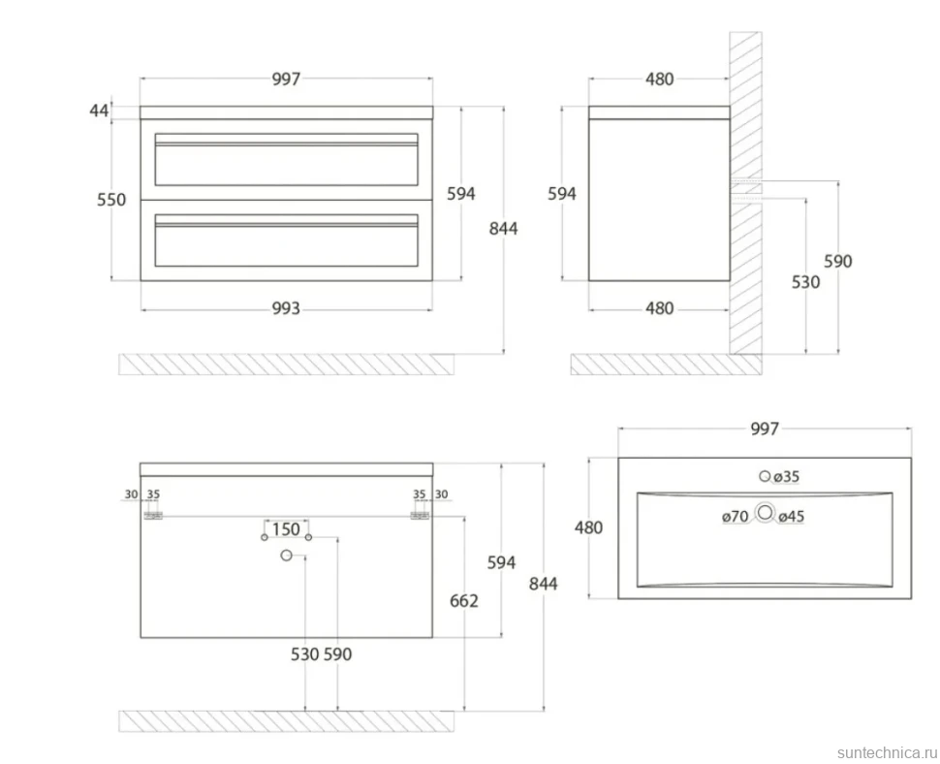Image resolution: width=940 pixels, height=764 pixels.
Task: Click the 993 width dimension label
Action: coord(286,308)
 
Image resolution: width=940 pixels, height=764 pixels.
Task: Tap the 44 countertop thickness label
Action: coord(99,111)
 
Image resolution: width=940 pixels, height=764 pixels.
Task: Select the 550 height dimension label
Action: coord(111,200)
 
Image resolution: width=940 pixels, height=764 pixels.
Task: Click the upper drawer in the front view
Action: coord(287,160)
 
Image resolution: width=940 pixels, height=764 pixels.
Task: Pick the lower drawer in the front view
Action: coord(287,240)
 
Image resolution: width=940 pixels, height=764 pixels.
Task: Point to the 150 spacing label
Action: coord(286,529)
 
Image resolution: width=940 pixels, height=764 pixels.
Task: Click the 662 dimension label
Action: coord(464,601)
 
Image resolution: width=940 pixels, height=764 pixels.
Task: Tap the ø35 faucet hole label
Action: coord(786,477)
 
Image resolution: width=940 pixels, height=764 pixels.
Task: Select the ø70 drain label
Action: coord(735,517)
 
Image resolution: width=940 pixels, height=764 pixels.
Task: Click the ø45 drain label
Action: coord(792,517)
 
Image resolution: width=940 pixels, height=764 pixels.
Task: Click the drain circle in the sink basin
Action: coord(765,513)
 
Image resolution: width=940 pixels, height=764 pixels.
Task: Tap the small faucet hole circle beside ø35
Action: coord(765,476)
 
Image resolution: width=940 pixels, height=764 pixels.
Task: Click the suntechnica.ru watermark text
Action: coord(887,752)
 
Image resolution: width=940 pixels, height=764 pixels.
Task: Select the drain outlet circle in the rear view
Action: coord(287,556)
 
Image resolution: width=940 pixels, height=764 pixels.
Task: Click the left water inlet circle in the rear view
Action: coord(265,537)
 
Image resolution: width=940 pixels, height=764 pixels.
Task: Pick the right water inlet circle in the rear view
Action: coord(309,537)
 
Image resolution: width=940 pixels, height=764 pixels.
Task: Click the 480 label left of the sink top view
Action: coord(588,527)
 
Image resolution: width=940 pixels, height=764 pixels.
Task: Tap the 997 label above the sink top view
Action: coord(765,429)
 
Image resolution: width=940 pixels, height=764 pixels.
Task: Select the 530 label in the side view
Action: coord(805,282)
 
